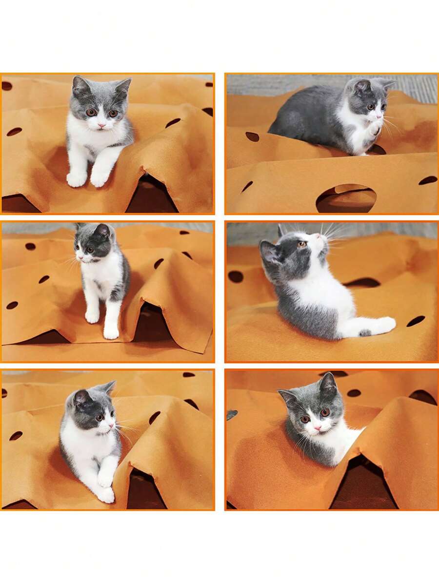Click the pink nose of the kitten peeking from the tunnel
click(315, 427)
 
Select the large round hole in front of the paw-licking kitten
click(346, 198)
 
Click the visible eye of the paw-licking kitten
click(370, 107)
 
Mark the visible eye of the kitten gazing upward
click(302, 244)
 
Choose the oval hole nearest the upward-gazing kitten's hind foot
click(416, 321)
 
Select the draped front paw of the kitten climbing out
click(106, 493)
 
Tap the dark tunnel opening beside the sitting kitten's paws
click(152, 195)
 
